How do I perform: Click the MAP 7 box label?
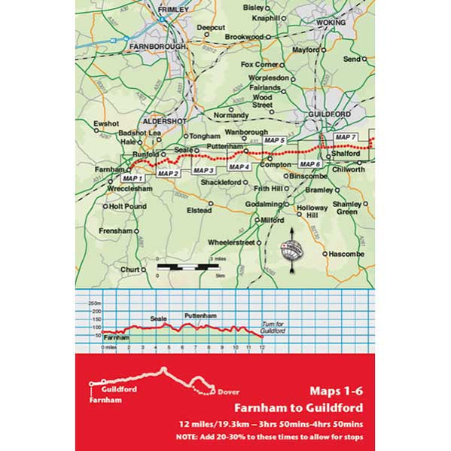(x=345, y=136)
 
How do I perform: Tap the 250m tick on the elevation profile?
(x=94, y=303)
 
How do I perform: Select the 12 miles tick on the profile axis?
(x=261, y=348)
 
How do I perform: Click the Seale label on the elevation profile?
(x=158, y=318)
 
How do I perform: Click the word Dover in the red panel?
(x=228, y=392)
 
